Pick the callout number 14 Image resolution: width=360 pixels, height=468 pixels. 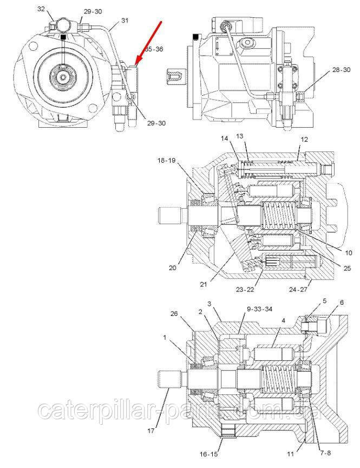coord(224,139)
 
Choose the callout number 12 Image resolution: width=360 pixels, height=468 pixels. coord(305,139)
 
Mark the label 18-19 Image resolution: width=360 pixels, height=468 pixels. coord(166,161)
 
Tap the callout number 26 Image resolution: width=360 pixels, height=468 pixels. coord(173,313)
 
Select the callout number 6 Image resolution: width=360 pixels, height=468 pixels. coord(341,302)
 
